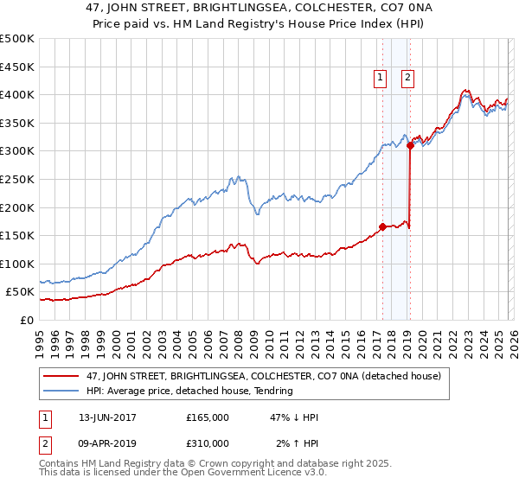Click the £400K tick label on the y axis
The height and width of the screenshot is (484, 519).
[17, 95]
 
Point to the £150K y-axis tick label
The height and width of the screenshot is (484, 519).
[17, 235]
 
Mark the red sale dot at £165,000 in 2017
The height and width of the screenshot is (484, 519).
[382, 227]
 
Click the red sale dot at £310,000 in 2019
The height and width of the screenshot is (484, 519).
[410, 146]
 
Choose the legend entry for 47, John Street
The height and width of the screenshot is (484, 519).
[242, 376]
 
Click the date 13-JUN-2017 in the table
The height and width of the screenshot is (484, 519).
[105, 417]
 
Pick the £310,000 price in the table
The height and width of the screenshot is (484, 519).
[208, 443]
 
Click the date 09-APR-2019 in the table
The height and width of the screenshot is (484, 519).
[105, 443]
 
